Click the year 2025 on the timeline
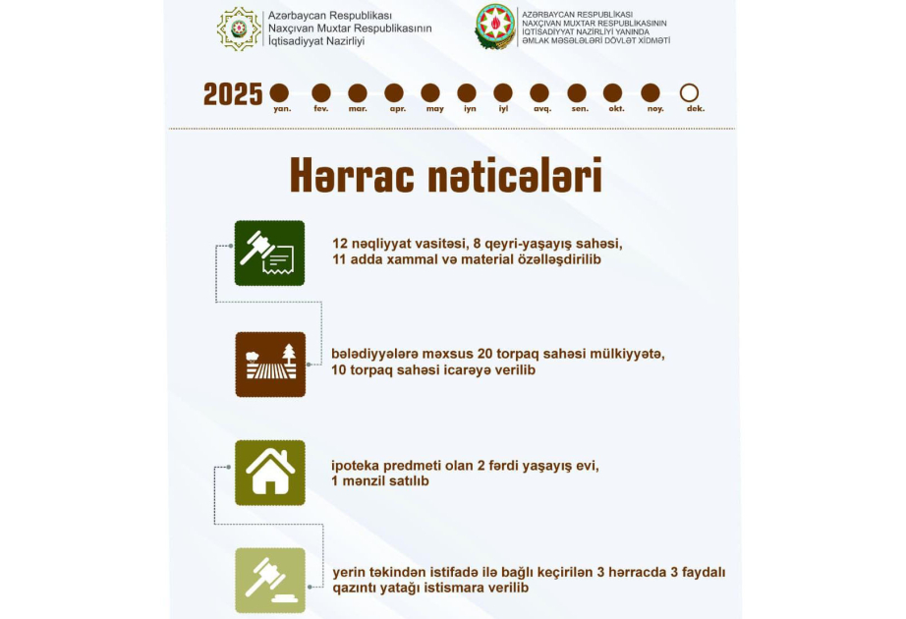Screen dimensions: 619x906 233,94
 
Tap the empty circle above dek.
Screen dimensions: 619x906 689,92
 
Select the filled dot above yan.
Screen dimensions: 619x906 280,92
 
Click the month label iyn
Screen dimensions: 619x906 470,109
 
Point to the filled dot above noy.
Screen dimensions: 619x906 651,92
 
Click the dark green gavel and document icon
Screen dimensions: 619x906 269,253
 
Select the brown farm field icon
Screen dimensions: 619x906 269,365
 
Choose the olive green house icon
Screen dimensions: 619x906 269,473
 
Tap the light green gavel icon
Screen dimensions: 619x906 269,580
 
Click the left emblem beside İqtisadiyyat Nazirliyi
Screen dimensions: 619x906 240,28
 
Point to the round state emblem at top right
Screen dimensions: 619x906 495,27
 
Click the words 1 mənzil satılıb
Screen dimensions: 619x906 380,481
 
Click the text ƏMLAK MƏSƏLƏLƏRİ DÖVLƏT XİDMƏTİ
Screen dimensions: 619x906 596,41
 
